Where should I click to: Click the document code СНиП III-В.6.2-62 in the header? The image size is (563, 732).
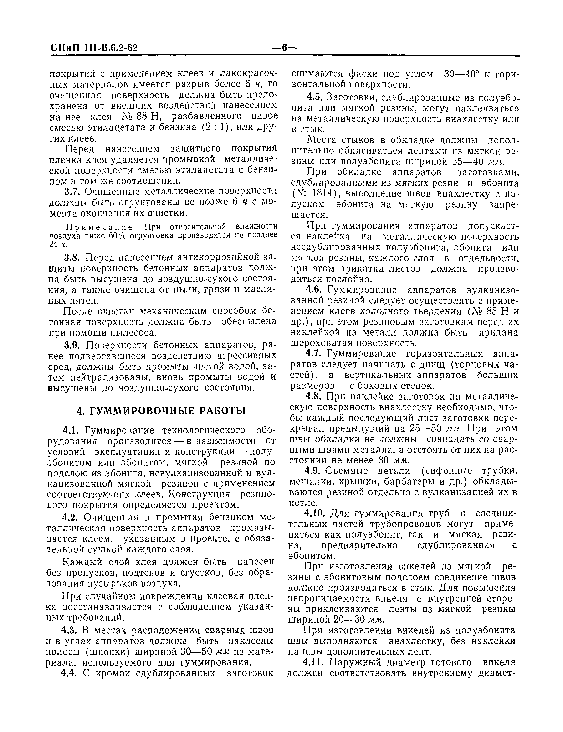coord(94,48)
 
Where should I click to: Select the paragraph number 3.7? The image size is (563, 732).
coord(71,191)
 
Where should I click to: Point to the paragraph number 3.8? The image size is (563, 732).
coord(71,258)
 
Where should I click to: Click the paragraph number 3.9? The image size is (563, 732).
coord(71,345)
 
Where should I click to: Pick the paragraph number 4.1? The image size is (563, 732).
coord(70,430)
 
